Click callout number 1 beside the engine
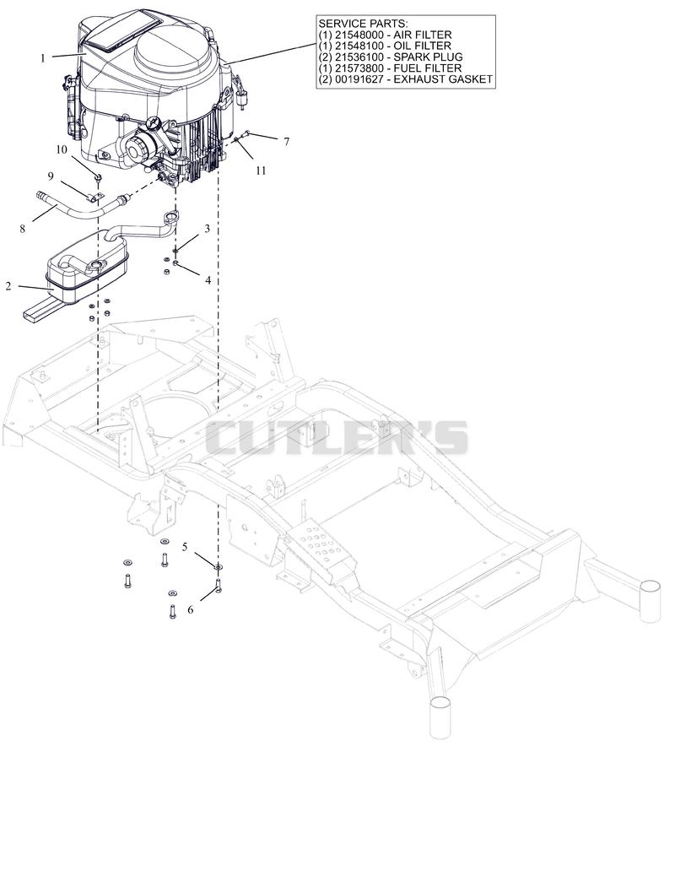point(42,58)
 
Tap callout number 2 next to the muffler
point(8,286)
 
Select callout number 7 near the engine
point(286,142)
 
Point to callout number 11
point(262,171)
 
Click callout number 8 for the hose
point(23,228)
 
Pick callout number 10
point(62,149)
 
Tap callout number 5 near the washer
point(185,546)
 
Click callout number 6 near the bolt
point(190,609)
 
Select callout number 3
point(207,228)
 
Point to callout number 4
point(208,279)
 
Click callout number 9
point(51,176)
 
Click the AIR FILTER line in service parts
point(385,35)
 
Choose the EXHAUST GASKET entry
point(406,79)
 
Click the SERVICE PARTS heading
point(363,24)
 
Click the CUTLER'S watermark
point(337,437)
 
